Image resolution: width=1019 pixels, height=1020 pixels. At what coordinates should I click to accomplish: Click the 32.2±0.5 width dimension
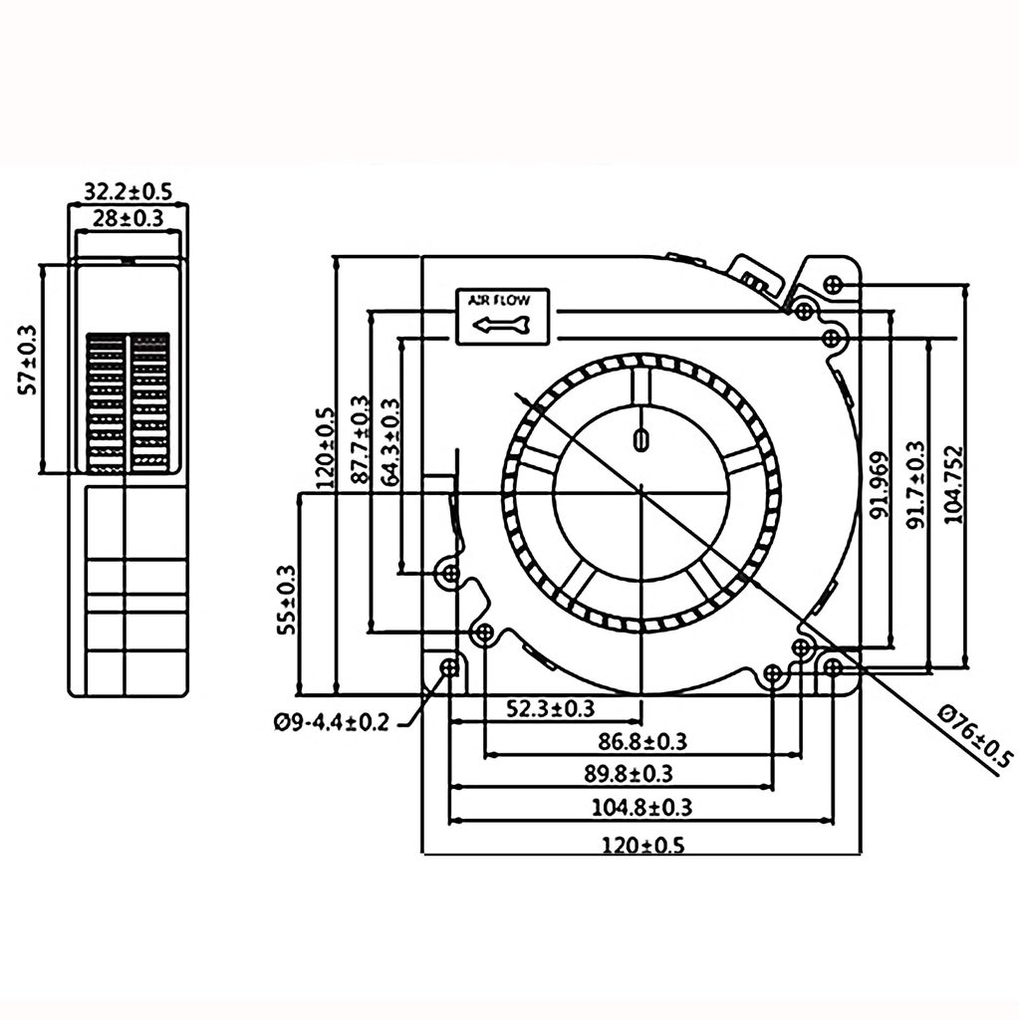coord(125,189)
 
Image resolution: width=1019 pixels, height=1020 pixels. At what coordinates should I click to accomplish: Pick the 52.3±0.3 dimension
coord(552,708)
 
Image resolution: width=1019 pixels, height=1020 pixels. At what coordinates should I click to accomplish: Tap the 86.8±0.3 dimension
coord(642,740)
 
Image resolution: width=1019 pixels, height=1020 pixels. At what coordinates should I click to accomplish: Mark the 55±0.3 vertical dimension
coord(286,599)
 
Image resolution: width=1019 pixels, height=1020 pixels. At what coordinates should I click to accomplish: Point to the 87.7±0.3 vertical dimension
coord(359,442)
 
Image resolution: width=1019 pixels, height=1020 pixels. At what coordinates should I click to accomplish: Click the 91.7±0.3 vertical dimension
coord(915,483)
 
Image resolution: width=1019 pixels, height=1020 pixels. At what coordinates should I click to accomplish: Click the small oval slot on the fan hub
coord(640,438)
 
